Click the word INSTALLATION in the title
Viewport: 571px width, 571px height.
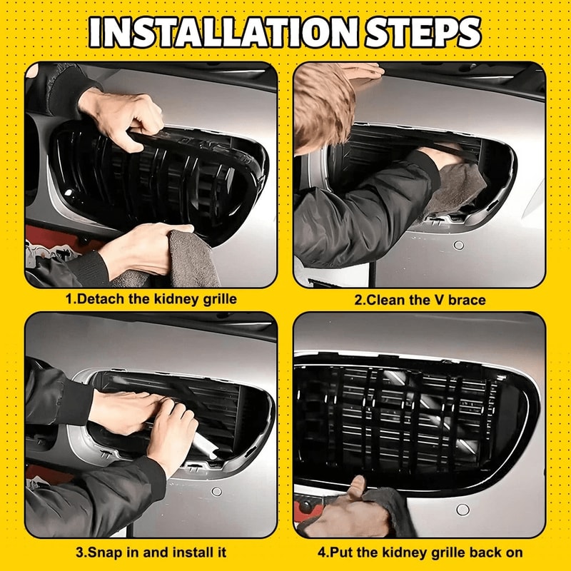pos(224,32)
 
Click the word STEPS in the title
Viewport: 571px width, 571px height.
pos(423,32)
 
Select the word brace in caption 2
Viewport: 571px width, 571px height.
pos(467,300)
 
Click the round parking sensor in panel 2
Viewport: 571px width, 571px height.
pos(458,245)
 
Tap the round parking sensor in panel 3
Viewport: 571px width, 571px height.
pos(217,492)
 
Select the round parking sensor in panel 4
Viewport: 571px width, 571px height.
pos(463,510)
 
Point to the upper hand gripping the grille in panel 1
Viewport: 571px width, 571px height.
pos(122,116)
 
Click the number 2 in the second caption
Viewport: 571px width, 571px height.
pos(358,300)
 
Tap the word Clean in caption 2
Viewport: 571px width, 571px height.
pos(385,300)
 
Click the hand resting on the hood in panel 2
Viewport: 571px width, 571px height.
pos(363,71)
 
